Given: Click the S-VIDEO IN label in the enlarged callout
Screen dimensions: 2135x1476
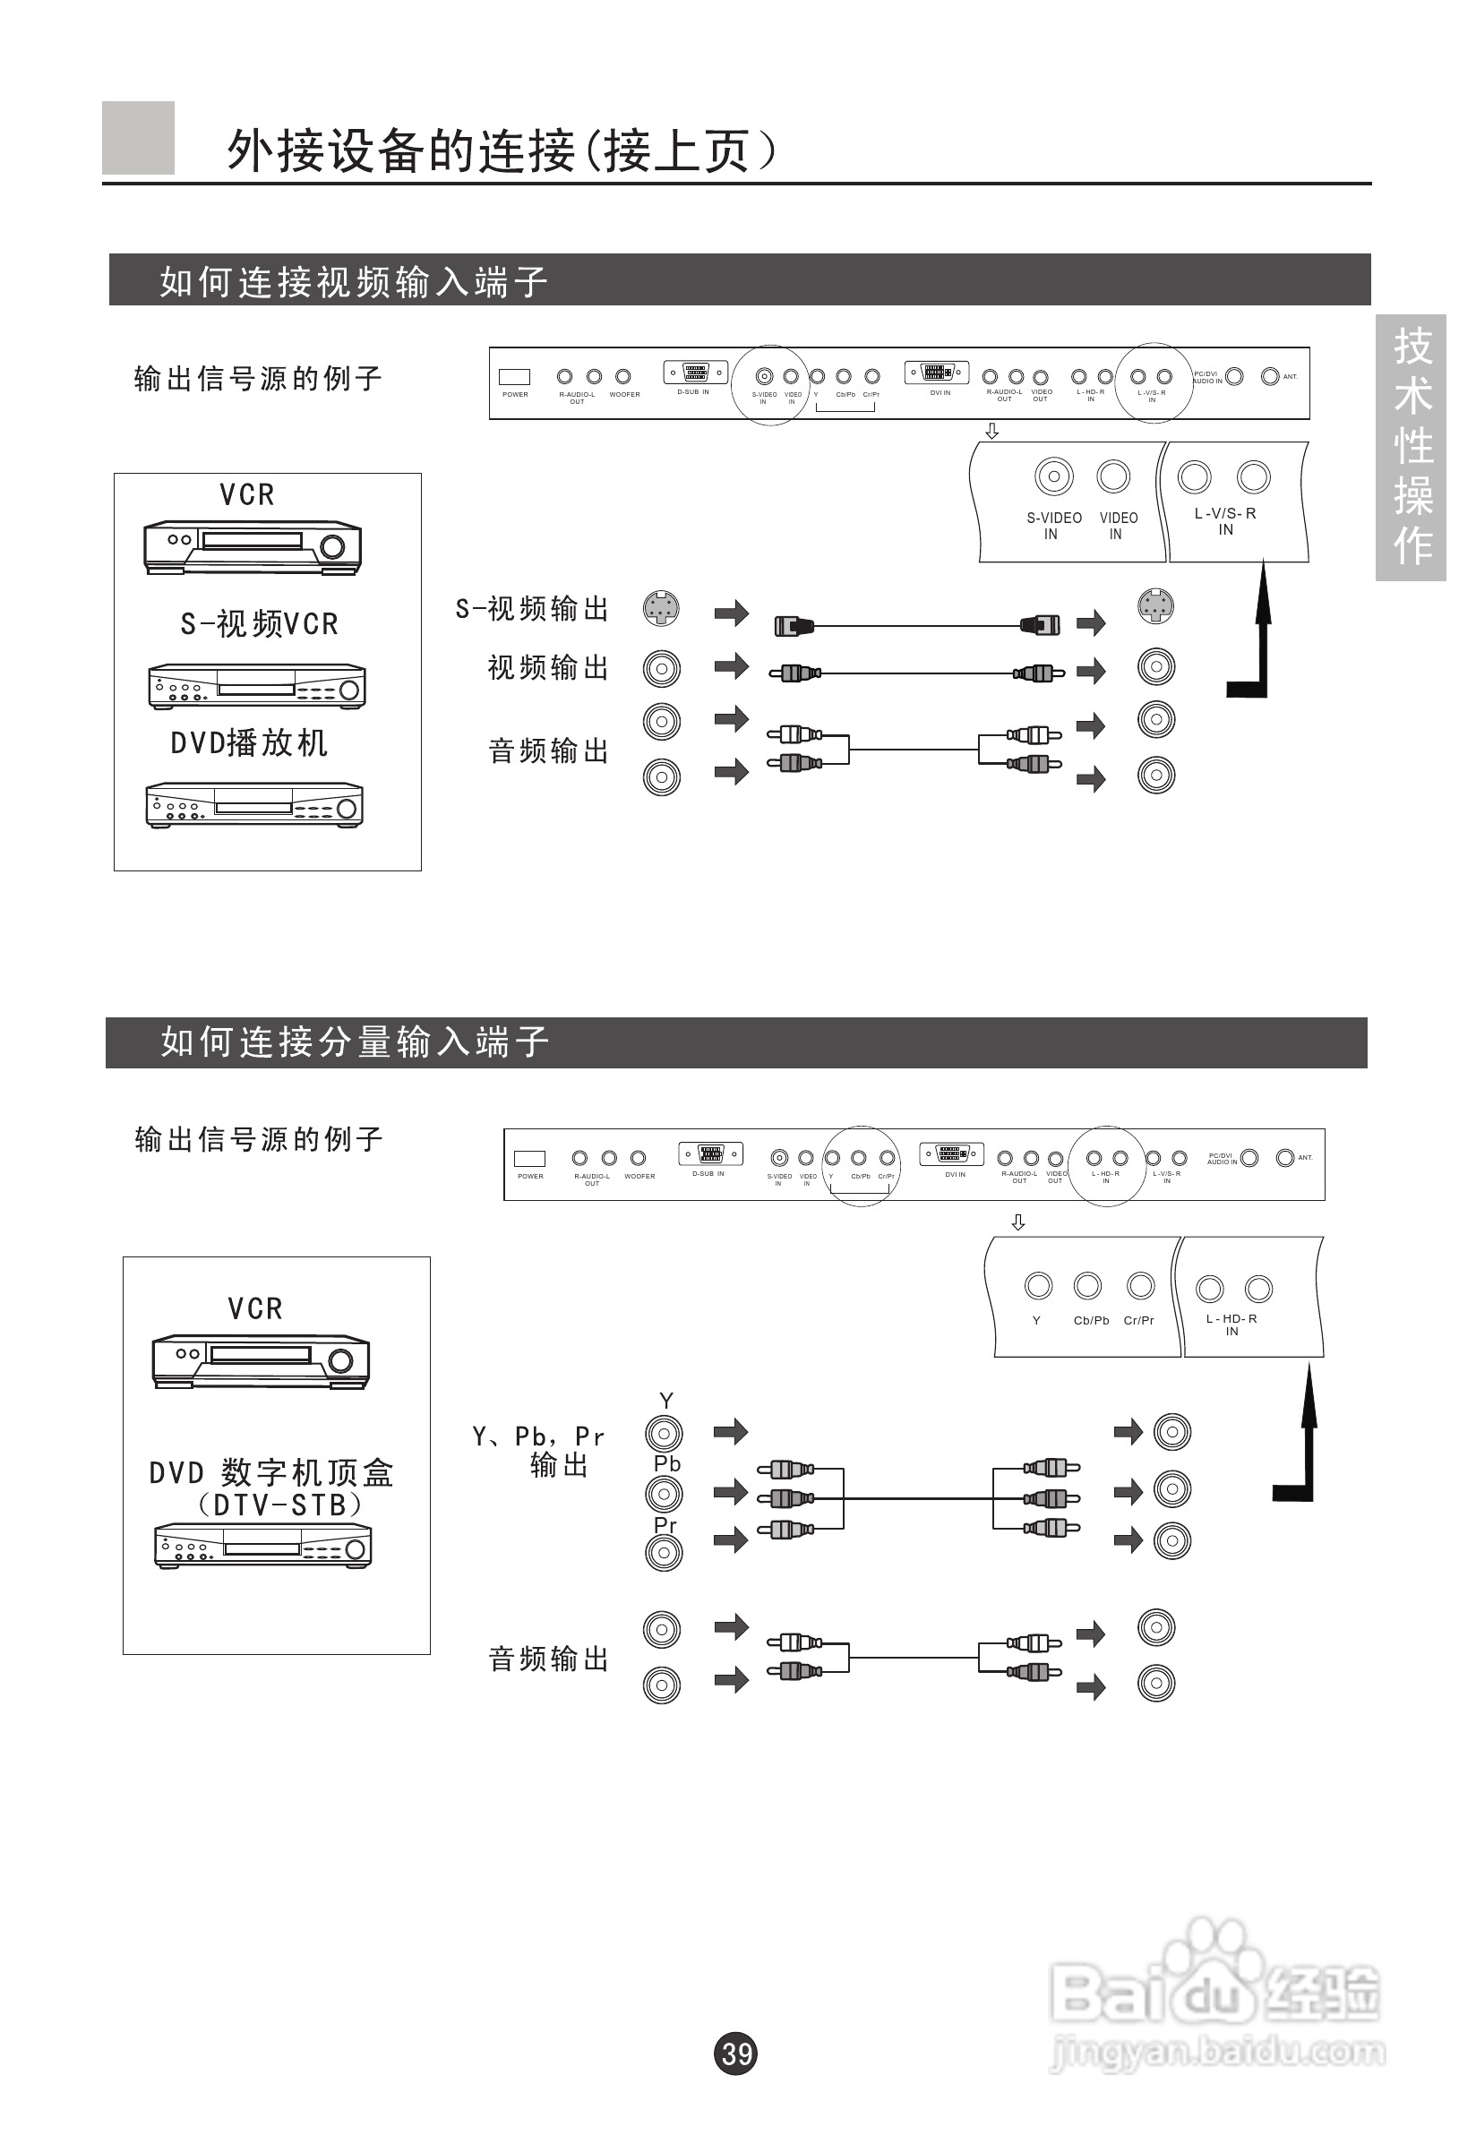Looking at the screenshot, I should tap(1053, 525).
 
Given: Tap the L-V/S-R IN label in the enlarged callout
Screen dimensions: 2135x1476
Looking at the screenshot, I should tap(1224, 521).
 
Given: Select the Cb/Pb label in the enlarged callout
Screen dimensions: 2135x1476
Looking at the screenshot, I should tap(1090, 1320).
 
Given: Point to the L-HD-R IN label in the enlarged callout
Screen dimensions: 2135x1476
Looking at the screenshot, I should tap(1231, 1325).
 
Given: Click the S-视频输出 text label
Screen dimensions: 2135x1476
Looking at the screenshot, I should tap(532, 608).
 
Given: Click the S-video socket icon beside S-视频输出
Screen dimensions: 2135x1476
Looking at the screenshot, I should tap(661, 608).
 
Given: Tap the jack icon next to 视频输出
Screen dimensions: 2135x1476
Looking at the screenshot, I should tap(661, 668).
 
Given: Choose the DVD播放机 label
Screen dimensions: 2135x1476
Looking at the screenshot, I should tap(249, 743).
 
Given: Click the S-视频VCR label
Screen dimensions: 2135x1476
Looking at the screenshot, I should tap(259, 624).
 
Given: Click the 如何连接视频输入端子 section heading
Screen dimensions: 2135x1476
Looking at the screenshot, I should tap(353, 281).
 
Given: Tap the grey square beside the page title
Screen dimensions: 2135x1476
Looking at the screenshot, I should tap(138, 138).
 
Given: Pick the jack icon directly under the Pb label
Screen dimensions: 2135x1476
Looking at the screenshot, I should tap(664, 1493).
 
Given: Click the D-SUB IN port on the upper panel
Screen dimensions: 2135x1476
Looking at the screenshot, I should tap(696, 373).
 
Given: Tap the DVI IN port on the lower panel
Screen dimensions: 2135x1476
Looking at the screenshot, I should tap(952, 1154).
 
